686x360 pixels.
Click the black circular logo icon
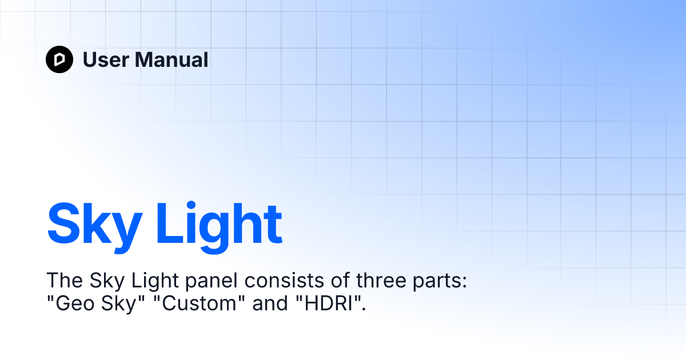(x=59, y=59)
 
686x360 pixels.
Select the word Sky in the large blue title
(x=94, y=224)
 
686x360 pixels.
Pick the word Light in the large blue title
(x=220, y=224)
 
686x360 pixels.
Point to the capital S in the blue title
(x=64, y=224)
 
